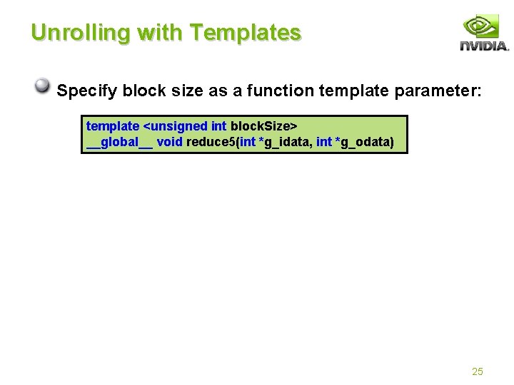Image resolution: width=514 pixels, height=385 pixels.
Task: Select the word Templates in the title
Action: click(x=247, y=33)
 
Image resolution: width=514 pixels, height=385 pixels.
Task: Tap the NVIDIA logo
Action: click(x=484, y=34)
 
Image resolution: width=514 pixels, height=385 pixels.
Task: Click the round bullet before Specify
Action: click(x=44, y=87)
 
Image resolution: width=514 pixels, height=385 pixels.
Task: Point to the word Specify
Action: click(x=87, y=91)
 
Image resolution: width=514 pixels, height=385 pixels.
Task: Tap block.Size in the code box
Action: click(x=260, y=126)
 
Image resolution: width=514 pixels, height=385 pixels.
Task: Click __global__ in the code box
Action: click(x=119, y=142)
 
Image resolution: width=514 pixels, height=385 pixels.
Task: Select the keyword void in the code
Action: click(x=170, y=142)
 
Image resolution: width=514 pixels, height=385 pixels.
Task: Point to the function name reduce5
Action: click(x=210, y=142)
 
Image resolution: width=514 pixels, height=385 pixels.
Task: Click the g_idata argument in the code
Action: click(x=286, y=142)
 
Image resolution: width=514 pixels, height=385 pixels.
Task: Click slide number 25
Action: click(x=478, y=371)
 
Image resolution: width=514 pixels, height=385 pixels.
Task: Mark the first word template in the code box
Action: click(x=113, y=126)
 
